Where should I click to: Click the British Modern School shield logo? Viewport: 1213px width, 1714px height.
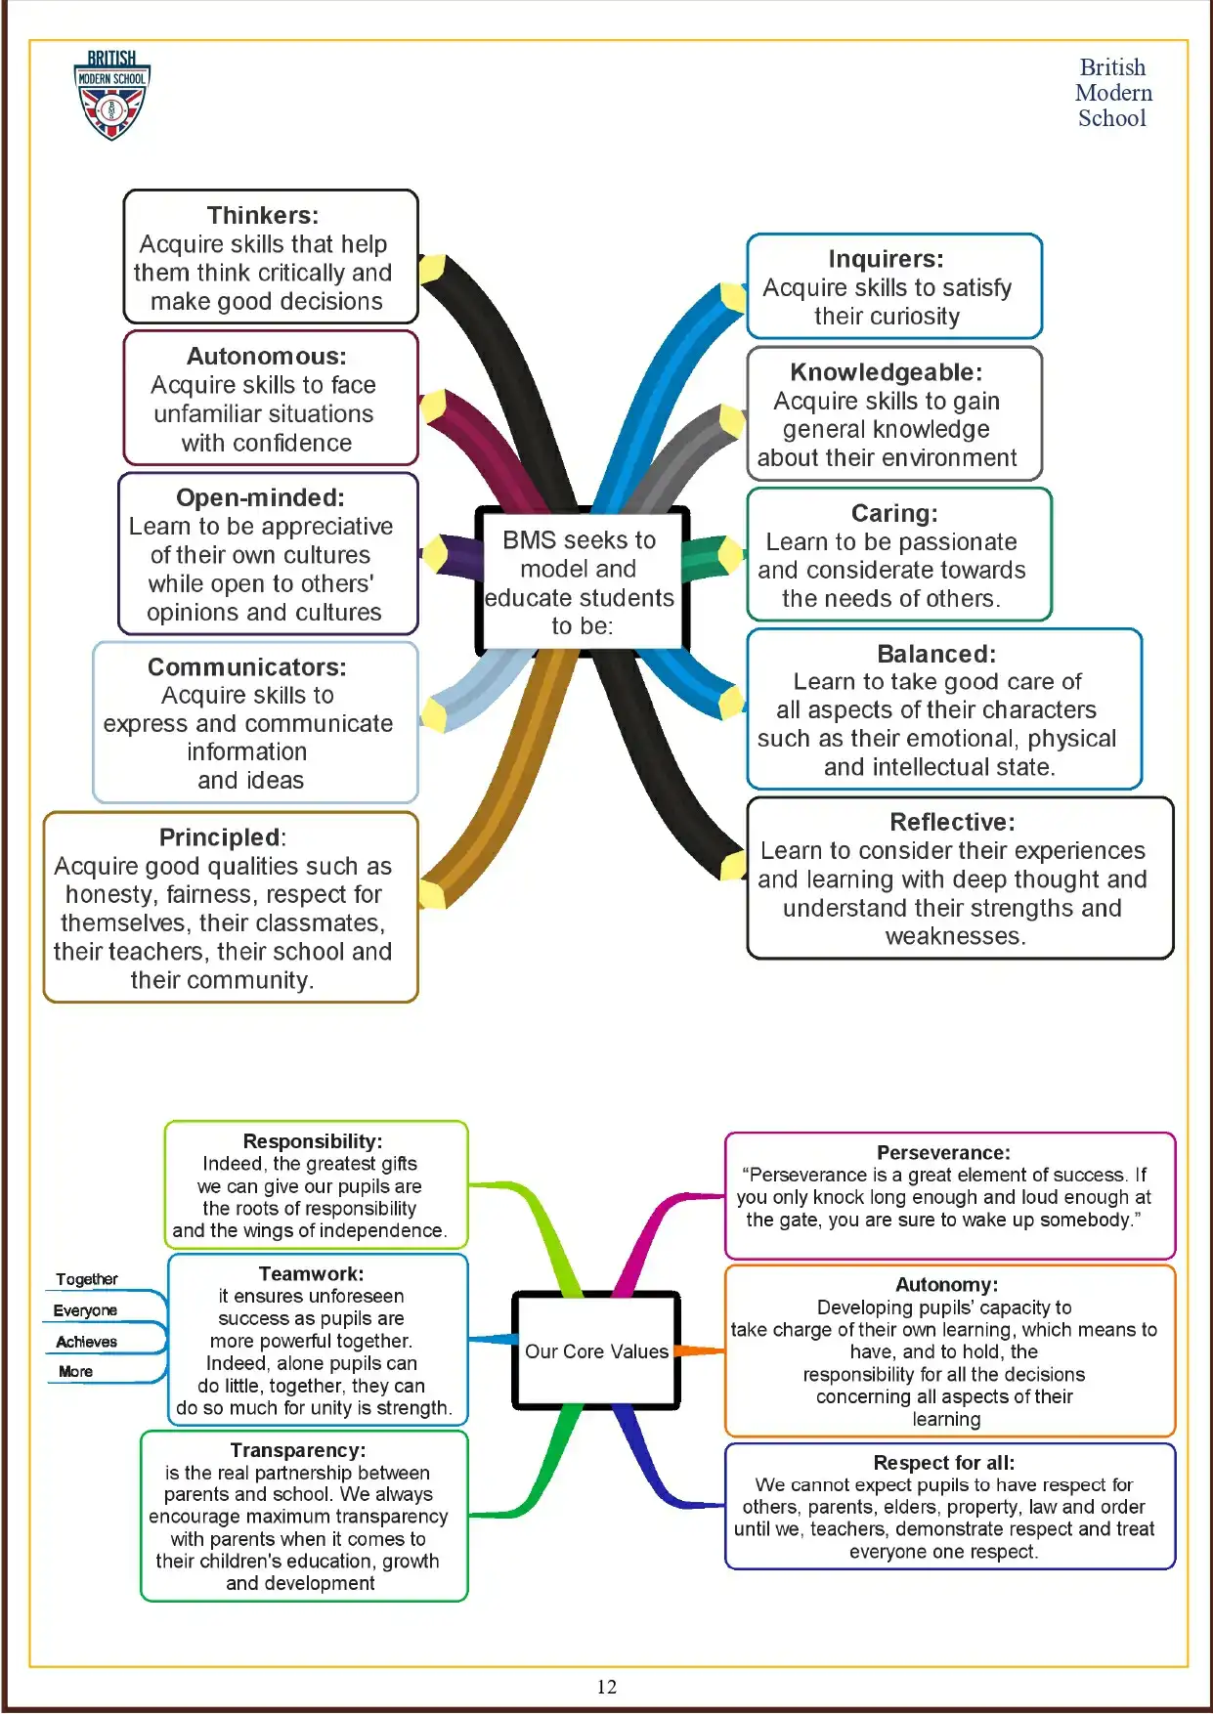click(x=111, y=97)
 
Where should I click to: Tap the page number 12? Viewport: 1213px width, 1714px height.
click(x=606, y=1686)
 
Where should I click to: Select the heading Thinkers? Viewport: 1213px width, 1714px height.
click(x=262, y=215)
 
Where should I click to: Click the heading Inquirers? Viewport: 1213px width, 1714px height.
click(x=886, y=259)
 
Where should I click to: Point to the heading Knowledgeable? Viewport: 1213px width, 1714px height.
click(x=886, y=372)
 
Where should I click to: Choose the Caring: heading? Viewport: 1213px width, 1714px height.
click(x=893, y=513)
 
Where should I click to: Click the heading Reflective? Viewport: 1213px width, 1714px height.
click(x=952, y=822)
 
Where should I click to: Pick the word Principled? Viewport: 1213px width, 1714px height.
click(x=220, y=837)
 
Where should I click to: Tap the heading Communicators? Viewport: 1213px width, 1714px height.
click(x=246, y=667)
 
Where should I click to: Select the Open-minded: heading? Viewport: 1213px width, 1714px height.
click(x=260, y=497)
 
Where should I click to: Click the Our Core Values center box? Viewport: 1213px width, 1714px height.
click(x=596, y=1351)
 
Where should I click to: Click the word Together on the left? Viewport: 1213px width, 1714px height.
click(x=87, y=1279)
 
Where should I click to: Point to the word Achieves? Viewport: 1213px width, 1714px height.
click(x=87, y=1342)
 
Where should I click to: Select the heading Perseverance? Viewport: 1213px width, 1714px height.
click(x=943, y=1153)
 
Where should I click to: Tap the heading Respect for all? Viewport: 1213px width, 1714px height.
click(x=943, y=1463)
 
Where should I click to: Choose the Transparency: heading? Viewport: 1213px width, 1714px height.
click(x=298, y=1450)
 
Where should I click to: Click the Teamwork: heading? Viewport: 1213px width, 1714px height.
click(x=311, y=1274)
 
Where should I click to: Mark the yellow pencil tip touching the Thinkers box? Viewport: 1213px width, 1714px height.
click(x=431, y=269)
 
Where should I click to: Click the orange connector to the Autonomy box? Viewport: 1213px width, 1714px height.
click(x=700, y=1350)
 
